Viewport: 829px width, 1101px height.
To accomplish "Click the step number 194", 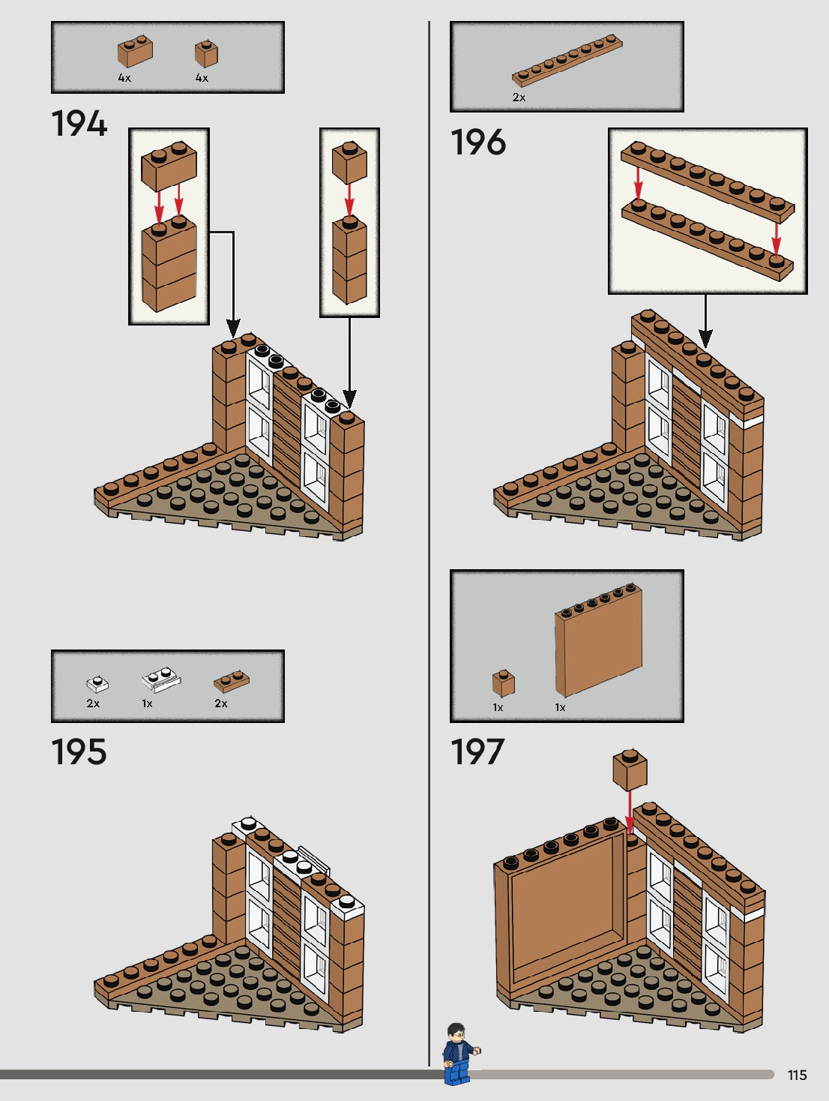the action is pyautogui.click(x=79, y=124).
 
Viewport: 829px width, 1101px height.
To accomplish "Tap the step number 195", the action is pyautogui.click(x=79, y=751).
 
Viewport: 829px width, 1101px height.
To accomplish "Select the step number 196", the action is pyautogui.click(x=478, y=142).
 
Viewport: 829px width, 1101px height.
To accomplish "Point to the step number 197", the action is pyautogui.click(x=478, y=751).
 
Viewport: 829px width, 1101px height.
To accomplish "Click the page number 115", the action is pyautogui.click(x=797, y=1075).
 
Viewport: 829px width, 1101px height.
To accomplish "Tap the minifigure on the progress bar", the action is pyautogui.click(x=459, y=1054).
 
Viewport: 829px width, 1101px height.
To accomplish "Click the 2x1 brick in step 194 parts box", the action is pyautogui.click(x=135, y=52).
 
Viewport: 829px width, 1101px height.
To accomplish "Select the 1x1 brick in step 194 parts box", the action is pyautogui.click(x=206, y=53).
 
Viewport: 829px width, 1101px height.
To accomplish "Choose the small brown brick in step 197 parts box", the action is pyautogui.click(x=504, y=682).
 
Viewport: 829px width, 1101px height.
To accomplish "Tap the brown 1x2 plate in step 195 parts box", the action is pyautogui.click(x=232, y=681).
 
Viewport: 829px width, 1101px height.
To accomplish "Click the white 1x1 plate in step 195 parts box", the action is pyautogui.click(x=97, y=683).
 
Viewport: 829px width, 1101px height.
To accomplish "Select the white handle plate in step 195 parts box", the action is pyautogui.click(x=161, y=679).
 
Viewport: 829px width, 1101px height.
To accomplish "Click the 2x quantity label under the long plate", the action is pyautogui.click(x=519, y=97).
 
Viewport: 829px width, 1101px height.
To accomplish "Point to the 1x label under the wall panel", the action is pyautogui.click(x=560, y=707).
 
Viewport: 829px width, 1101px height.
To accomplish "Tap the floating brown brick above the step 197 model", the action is pyautogui.click(x=630, y=769).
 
